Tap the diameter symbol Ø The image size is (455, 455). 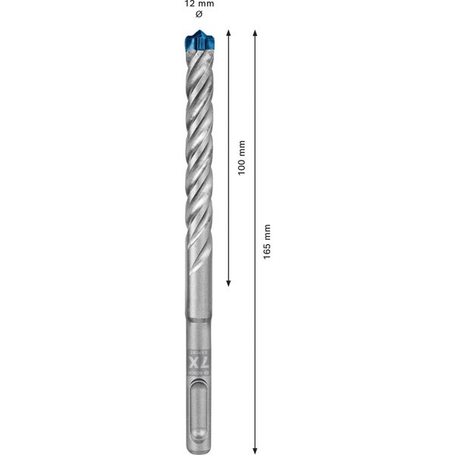coord(199,14)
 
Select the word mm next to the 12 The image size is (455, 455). coord(206,4)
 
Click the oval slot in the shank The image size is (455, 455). coord(199,413)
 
